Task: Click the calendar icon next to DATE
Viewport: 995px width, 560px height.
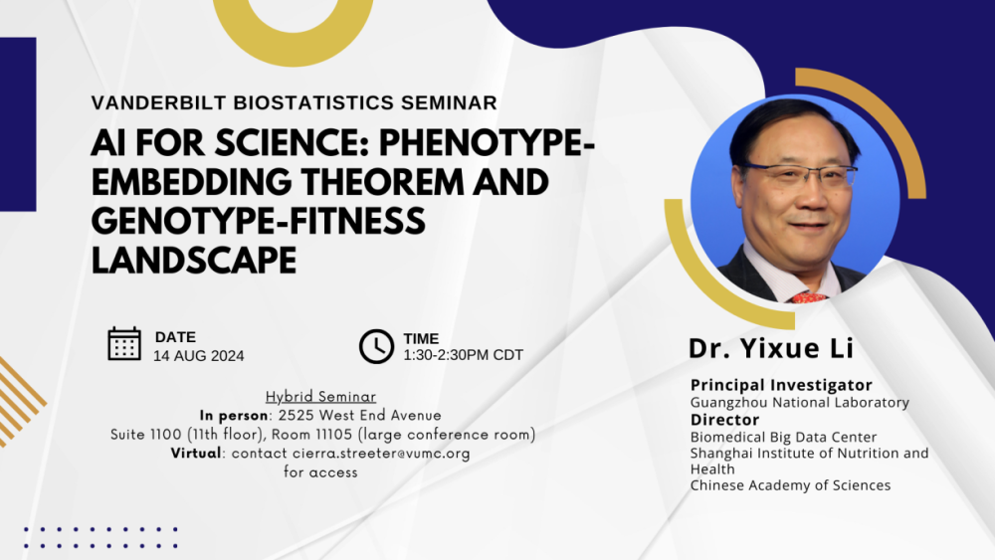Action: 124,343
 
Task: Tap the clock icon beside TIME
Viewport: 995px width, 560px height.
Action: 376,346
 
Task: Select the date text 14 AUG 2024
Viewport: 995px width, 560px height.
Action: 198,356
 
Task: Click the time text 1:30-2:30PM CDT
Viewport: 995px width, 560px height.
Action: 463,355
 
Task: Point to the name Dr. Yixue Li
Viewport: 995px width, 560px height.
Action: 771,349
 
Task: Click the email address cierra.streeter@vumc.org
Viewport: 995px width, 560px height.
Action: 381,454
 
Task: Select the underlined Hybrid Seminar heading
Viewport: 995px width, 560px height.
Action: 320,397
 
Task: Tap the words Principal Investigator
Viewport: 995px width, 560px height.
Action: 781,385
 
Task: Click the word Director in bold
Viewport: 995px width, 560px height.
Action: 724,420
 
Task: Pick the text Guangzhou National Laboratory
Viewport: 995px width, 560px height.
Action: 799,403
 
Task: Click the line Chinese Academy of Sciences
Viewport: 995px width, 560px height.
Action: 790,485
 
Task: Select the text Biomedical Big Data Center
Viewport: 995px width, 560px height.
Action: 783,437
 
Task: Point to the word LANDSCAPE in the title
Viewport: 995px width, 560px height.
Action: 194,260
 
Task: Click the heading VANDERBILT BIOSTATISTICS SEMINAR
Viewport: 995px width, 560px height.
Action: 294,102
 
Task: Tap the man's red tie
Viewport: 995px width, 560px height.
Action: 808,297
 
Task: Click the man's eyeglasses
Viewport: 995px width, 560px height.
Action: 799,176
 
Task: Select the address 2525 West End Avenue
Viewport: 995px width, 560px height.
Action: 360,415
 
